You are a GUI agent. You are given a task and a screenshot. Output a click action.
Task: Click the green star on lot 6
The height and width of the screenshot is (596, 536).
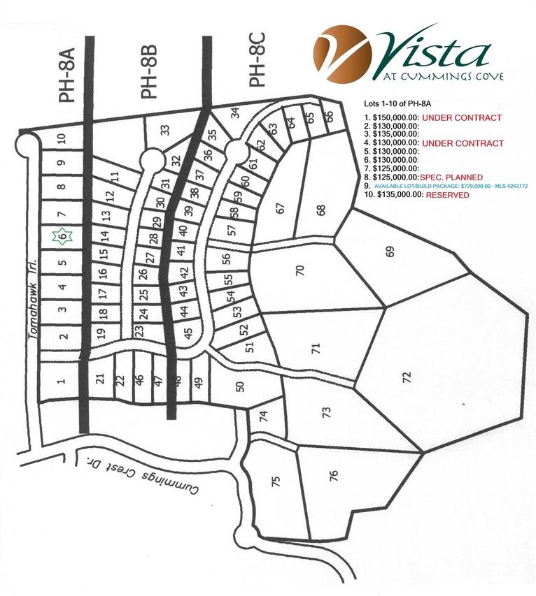click(62, 237)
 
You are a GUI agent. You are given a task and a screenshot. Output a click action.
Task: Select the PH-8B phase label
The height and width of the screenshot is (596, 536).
click(149, 72)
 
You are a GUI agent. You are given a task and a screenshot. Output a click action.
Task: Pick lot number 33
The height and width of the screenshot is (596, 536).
click(165, 129)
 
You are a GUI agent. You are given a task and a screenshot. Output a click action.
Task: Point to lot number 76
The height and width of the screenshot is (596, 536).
click(334, 476)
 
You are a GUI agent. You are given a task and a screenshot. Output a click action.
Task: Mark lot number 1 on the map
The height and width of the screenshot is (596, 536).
click(61, 381)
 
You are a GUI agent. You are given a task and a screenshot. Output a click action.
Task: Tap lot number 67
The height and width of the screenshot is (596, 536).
click(281, 208)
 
